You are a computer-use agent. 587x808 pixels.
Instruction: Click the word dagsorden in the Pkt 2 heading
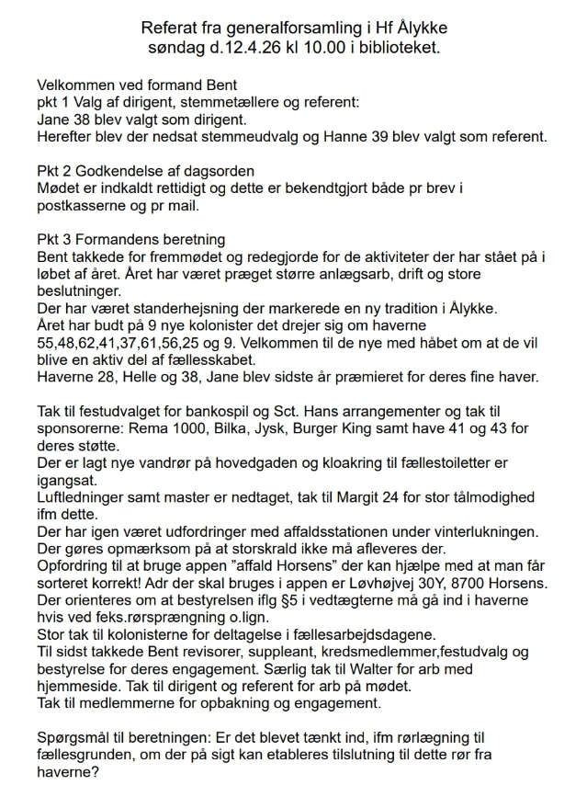point(210,172)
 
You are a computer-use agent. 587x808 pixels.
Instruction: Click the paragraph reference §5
point(299,602)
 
